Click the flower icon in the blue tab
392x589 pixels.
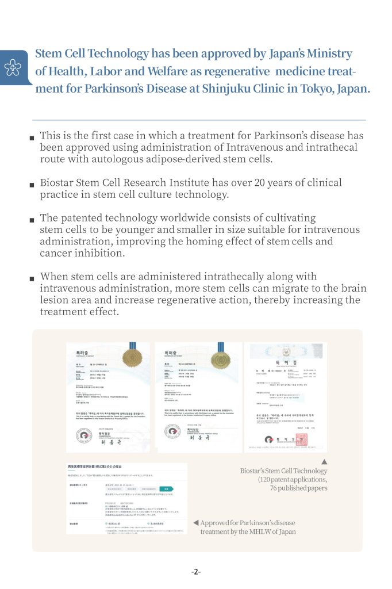coord(13,68)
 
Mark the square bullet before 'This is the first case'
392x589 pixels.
coord(32,138)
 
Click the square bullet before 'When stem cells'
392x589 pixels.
coord(32,278)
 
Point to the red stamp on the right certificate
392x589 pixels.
coord(301,439)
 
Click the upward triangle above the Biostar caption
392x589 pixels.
coord(324,461)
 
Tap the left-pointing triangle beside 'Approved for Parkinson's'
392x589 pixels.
coord(196,522)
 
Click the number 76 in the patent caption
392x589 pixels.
coord(275,488)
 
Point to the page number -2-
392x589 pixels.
coord(196,572)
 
